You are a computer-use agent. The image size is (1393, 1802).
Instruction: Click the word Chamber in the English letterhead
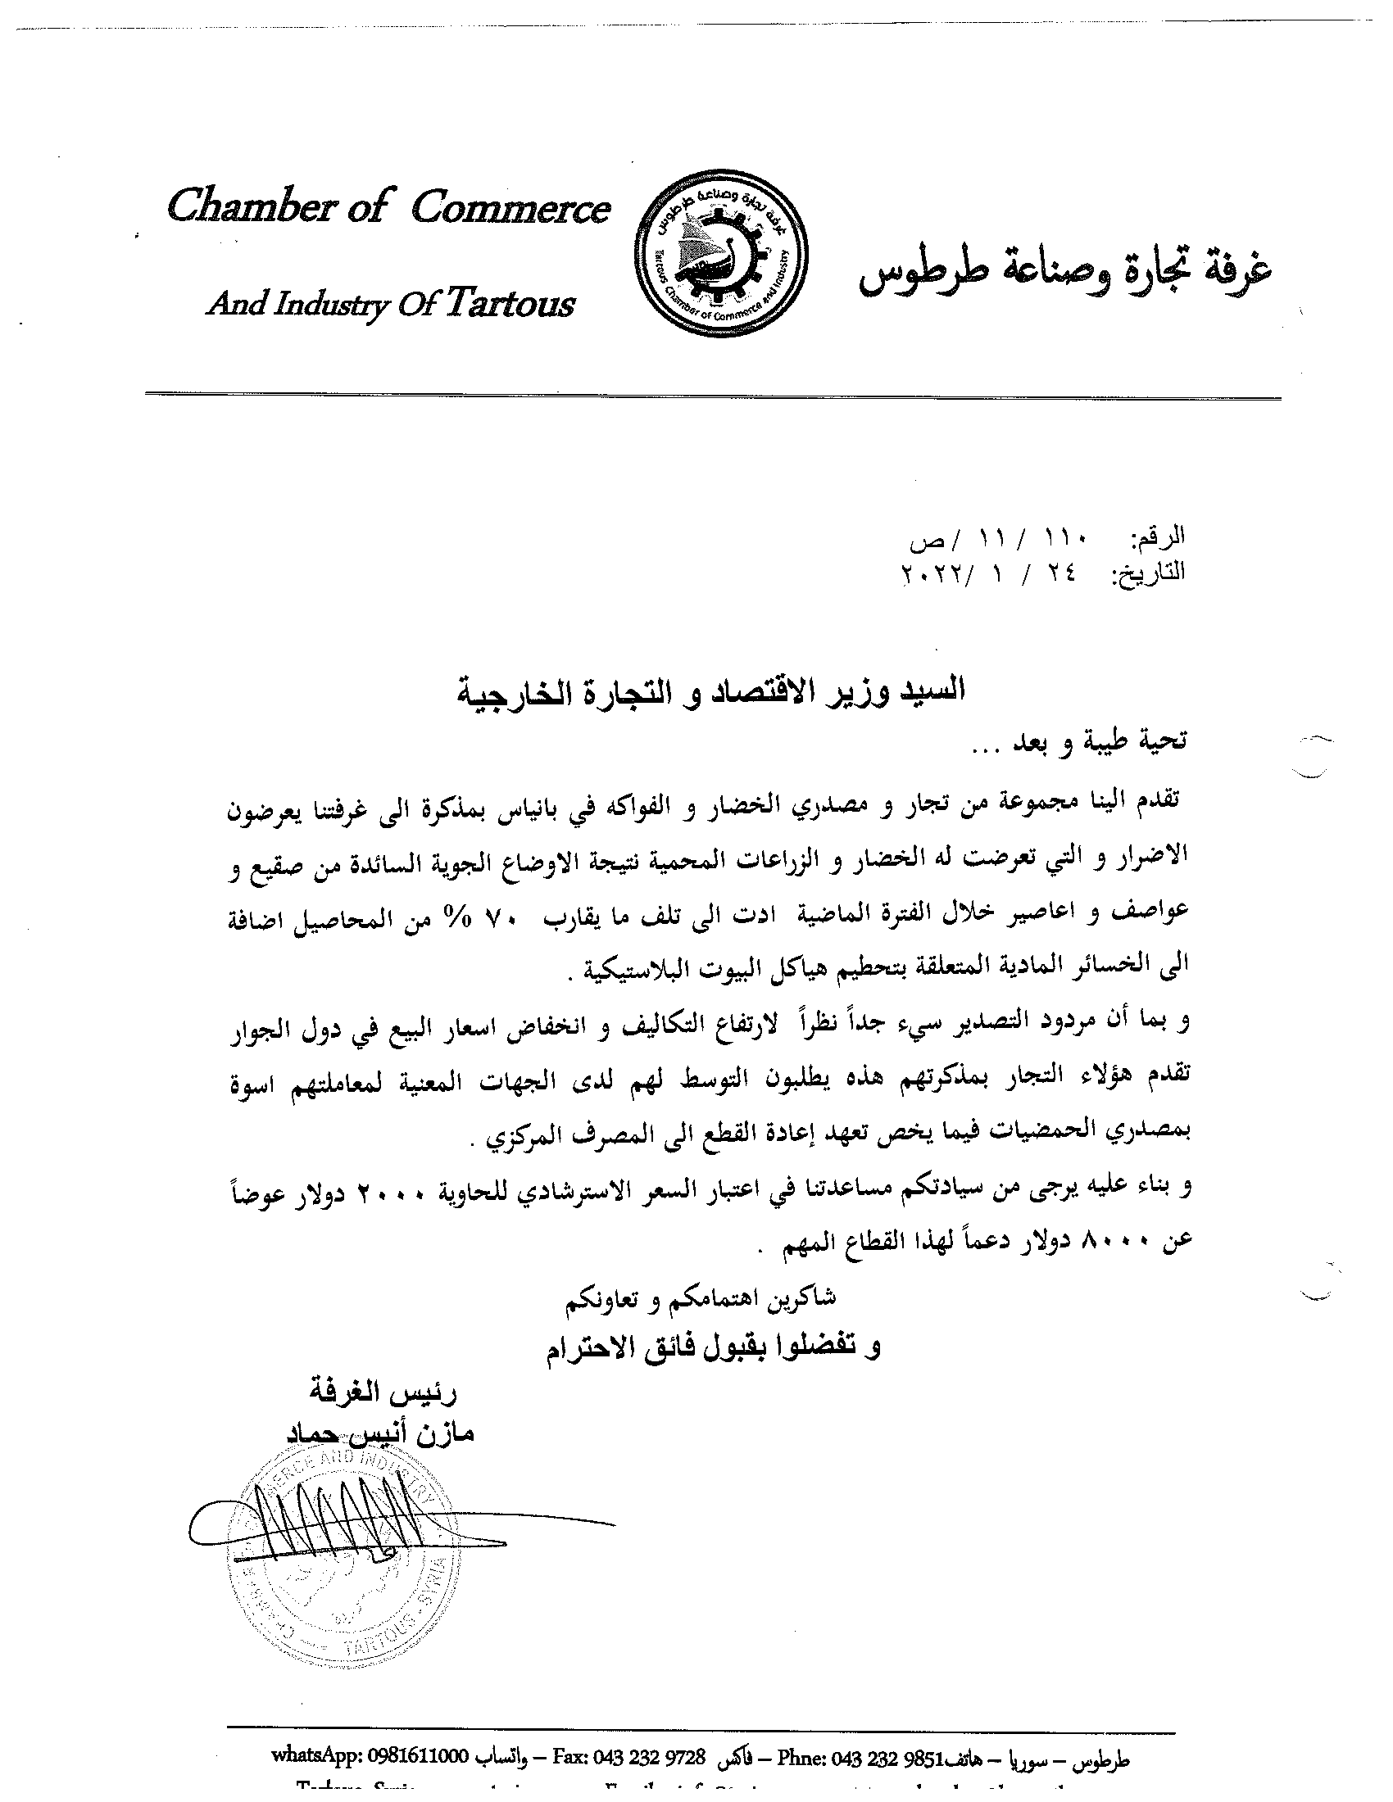click(x=248, y=207)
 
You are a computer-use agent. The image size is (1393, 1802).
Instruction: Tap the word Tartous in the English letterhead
click(x=510, y=305)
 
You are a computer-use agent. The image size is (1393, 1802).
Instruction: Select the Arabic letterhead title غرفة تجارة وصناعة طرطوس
click(x=1064, y=275)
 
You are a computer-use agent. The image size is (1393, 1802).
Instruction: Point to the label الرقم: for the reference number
click(x=1157, y=537)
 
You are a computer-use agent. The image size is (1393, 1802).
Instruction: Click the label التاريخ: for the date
click(x=1150, y=573)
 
